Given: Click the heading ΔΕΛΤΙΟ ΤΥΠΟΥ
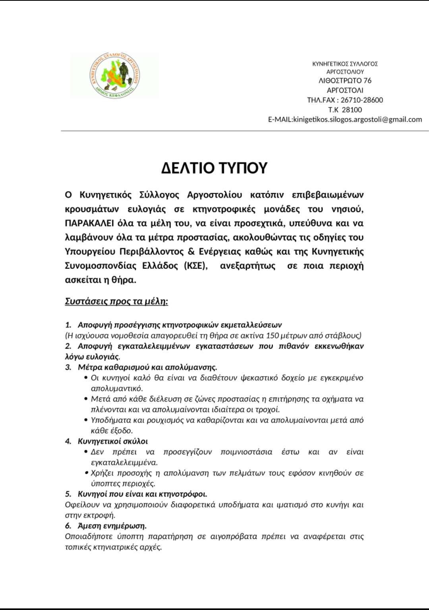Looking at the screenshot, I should point(214,168).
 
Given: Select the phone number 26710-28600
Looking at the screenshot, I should point(362,100).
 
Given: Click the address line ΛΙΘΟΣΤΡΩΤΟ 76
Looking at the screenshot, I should point(345,80).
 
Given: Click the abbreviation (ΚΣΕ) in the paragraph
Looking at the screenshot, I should point(195,266).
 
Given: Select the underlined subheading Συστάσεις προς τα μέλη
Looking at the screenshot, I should point(116,301).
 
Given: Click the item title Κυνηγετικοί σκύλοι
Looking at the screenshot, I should point(113,441).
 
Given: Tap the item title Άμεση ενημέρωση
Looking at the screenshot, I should point(112,526).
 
